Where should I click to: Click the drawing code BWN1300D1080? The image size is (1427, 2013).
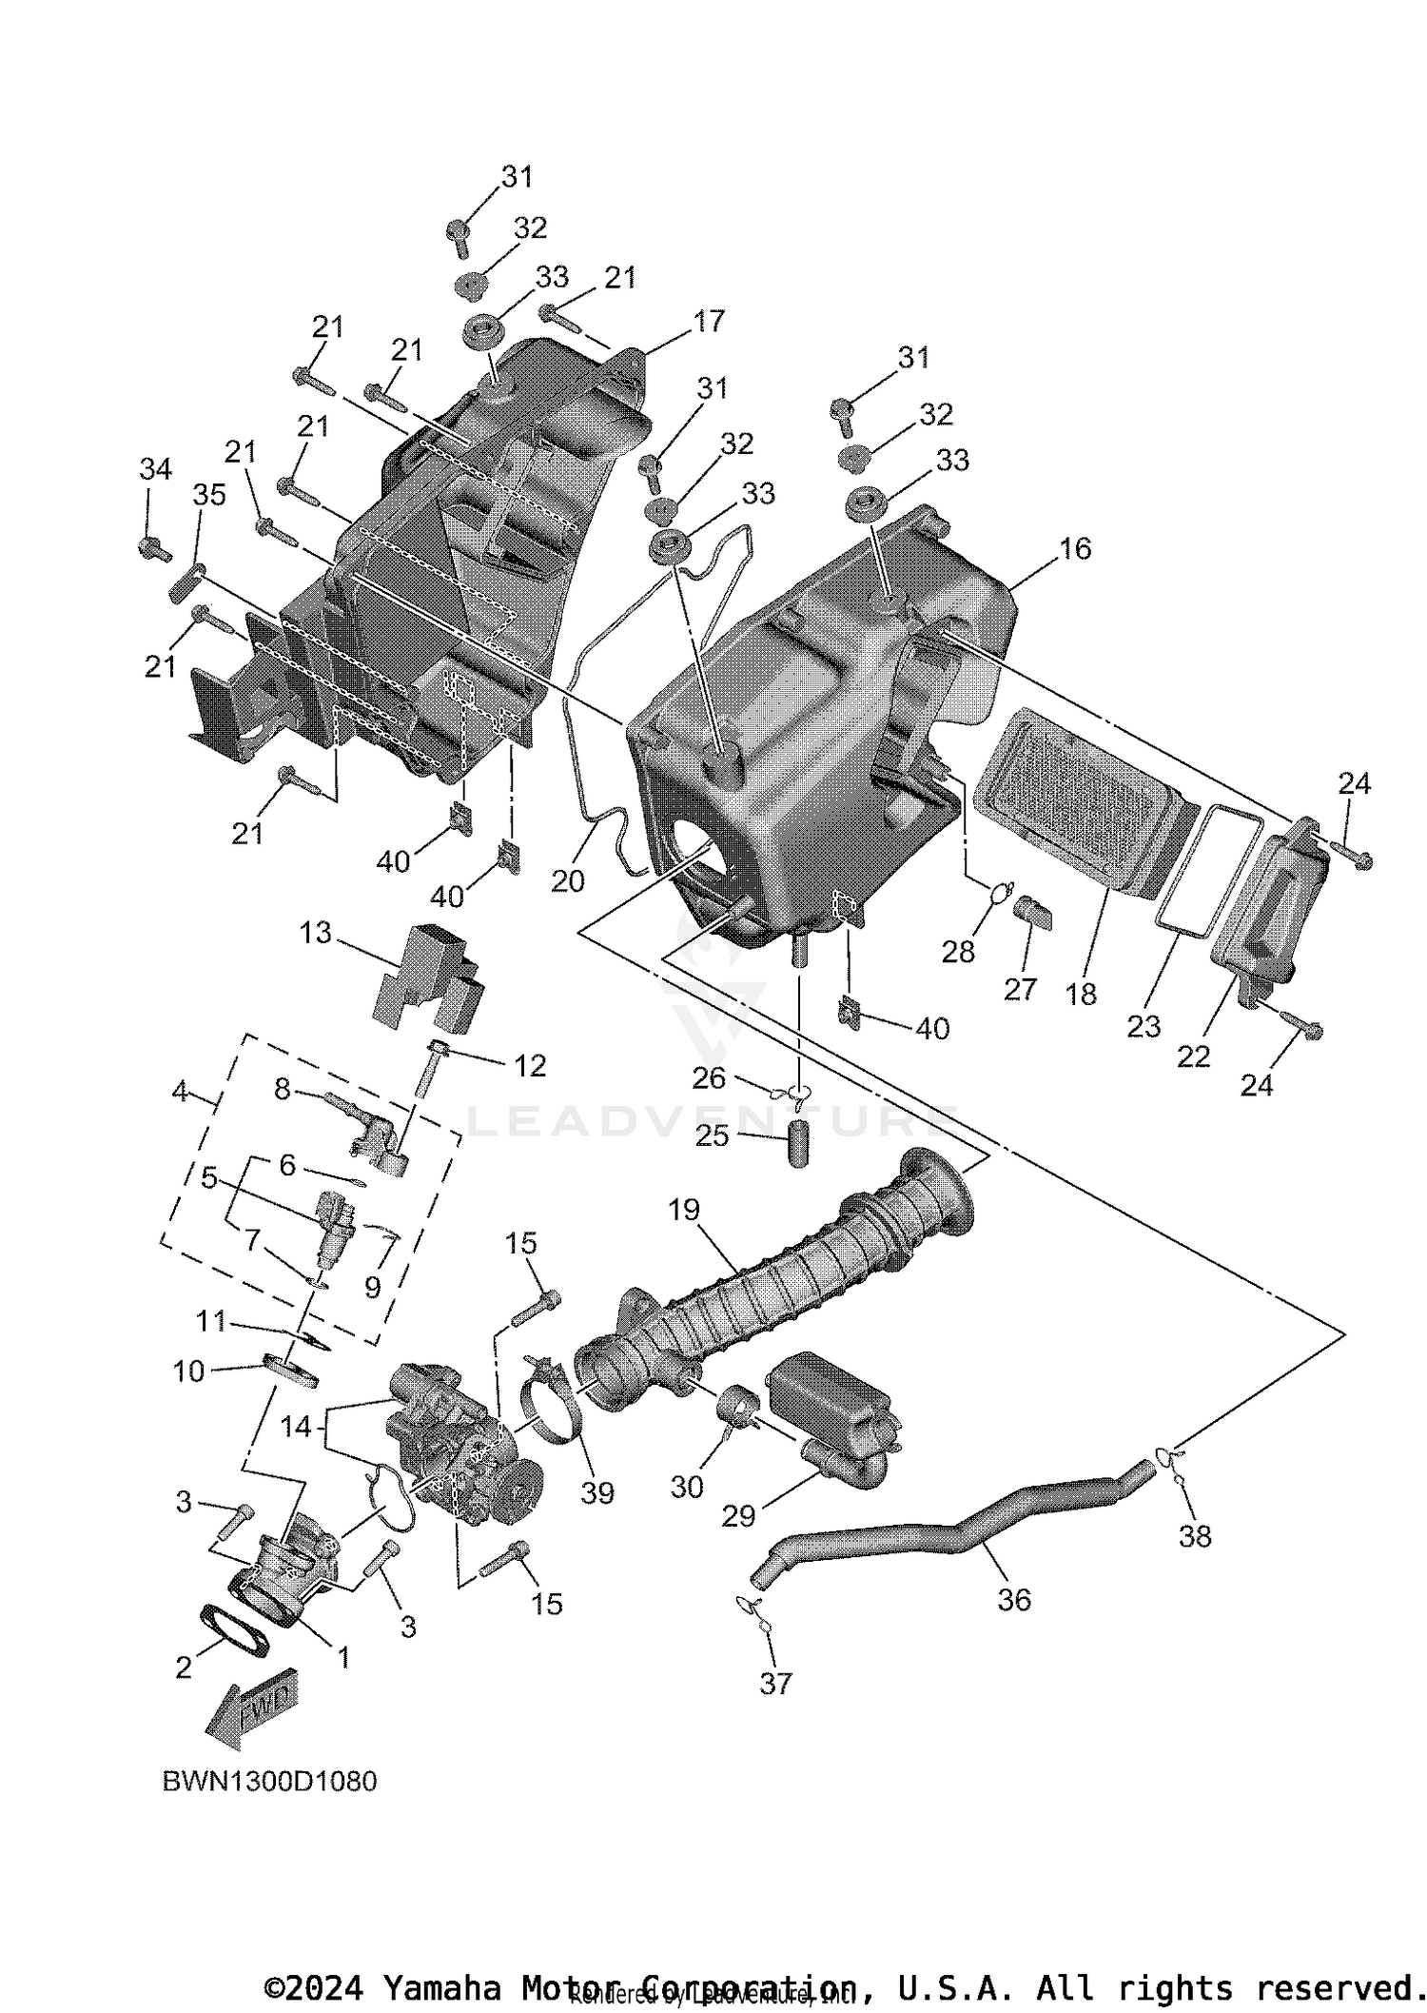point(270,1781)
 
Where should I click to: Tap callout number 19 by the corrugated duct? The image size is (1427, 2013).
point(684,1210)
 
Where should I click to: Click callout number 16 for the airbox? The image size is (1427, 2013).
point(1075,548)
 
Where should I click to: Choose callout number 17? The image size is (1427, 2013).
point(709,322)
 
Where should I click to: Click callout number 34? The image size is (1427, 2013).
point(156,469)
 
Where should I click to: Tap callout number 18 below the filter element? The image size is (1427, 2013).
point(1081,994)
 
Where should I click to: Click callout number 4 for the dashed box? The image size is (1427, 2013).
point(181,1092)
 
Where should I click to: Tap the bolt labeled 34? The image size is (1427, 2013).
point(152,548)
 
